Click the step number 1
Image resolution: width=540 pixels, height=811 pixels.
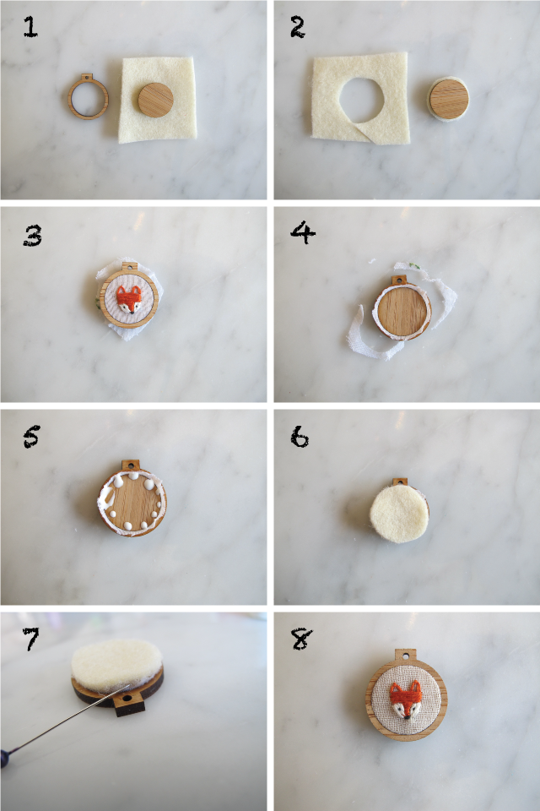30,28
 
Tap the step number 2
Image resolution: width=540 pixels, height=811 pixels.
297,28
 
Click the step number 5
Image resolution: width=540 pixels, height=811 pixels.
31,438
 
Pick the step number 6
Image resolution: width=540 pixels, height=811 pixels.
300,437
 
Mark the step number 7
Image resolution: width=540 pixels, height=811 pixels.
31,640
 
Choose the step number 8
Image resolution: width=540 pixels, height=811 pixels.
300,639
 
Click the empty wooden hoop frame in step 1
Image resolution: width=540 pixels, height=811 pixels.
85,98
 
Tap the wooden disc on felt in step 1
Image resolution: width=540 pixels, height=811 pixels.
155,100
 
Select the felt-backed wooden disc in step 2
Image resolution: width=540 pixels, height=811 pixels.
449,98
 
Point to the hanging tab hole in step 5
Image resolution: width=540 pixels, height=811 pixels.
130,465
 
